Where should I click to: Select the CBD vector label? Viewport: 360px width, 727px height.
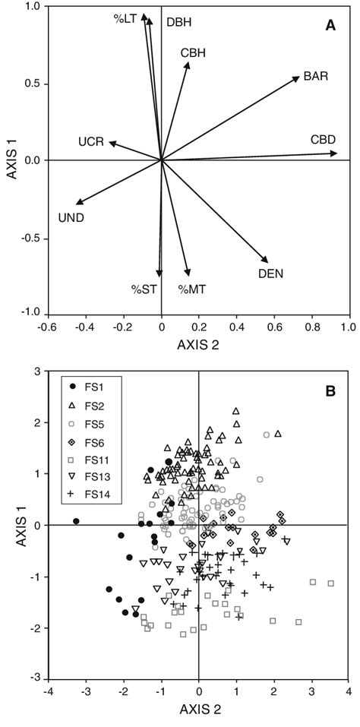tap(323, 140)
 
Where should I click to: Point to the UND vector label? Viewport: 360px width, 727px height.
tap(71, 218)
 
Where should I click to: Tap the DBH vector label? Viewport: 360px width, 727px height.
tap(178, 23)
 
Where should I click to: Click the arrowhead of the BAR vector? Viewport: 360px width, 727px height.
tap(299, 77)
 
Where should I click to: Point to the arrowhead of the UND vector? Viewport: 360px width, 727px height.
tap(77, 203)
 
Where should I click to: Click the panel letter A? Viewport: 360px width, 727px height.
tap(330, 25)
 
